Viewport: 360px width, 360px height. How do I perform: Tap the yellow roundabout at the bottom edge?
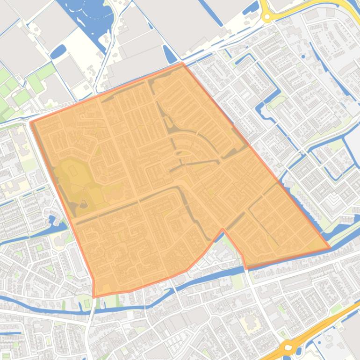[288, 348]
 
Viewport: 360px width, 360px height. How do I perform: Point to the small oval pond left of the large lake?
[58, 51]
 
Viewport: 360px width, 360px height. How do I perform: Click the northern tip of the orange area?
[183, 63]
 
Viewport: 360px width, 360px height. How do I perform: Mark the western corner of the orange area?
[31, 122]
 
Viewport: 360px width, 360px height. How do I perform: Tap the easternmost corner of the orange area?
[330, 247]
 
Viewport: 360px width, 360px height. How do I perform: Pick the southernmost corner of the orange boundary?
[94, 296]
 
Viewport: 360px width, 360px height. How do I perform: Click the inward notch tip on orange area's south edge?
[223, 230]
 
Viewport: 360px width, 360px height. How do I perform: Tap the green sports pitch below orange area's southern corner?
[87, 303]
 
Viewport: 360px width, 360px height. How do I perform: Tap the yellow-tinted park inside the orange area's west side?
[70, 173]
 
